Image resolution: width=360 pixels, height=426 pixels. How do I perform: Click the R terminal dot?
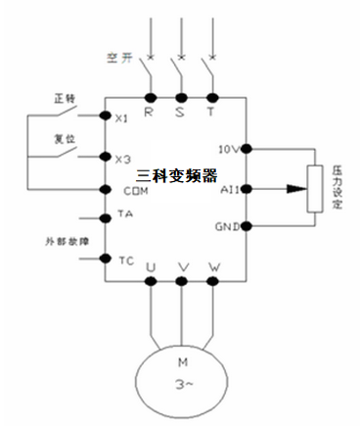(x=151, y=97)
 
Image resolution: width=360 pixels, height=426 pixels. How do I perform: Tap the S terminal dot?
(x=182, y=97)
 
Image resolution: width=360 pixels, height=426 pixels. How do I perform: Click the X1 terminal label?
(x=122, y=118)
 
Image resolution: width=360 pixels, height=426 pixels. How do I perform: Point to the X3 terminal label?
(x=122, y=159)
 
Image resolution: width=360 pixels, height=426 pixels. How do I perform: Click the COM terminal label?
(x=125, y=190)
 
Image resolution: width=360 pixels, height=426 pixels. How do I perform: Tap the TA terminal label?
(x=124, y=213)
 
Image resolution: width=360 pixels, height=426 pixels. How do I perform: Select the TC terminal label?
(x=124, y=260)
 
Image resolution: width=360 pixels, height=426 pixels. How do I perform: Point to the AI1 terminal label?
(x=231, y=187)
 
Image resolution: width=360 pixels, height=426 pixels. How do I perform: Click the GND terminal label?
(x=230, y=227)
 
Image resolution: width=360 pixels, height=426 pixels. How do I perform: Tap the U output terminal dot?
(x=151, y=280)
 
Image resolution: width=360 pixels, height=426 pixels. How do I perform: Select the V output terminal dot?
(x=182, y=280)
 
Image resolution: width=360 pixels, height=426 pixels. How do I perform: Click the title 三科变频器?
(x=176, y=172)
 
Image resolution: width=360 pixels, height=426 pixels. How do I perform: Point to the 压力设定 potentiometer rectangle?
(x=315, y=187)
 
